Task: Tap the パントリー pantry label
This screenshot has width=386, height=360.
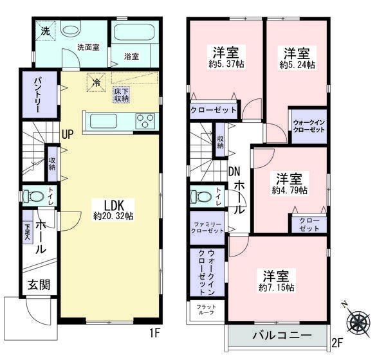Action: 32,95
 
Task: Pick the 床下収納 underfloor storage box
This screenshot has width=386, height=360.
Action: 121,94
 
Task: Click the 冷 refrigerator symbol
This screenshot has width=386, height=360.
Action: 96,83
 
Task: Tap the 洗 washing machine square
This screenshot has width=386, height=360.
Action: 46,32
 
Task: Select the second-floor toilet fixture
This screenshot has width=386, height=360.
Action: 202,195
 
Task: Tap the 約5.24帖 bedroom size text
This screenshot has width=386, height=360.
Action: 297,65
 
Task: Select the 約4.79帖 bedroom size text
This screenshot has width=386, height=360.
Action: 289,191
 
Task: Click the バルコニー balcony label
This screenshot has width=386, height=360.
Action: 281,336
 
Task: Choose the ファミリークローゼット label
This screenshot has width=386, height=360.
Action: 207,227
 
